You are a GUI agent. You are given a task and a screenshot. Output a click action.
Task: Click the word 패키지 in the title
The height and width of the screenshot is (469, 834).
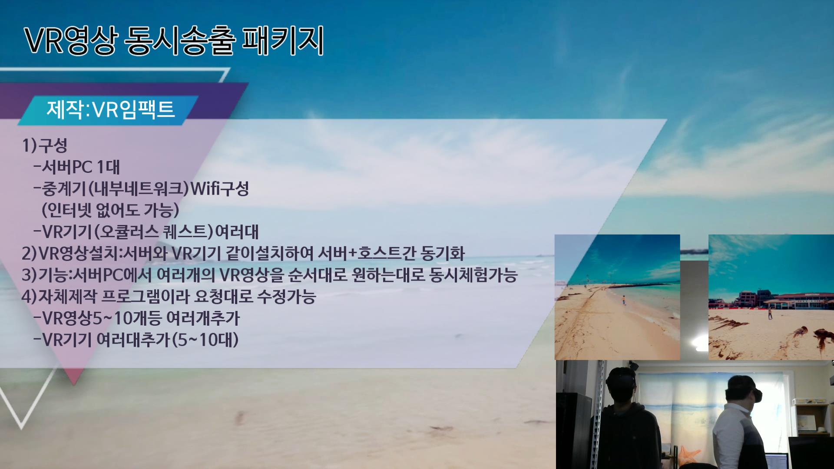pyautogui.click(x=282, y=41)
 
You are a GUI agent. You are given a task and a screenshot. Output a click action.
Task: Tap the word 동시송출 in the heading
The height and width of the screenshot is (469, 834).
pyautogui.click(x=179, y=41)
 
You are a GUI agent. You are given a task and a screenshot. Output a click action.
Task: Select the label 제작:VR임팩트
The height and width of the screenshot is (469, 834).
pyautogui.click(x=111, y=109)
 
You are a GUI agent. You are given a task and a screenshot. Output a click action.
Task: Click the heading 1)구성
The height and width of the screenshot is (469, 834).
pyautogui.click(x=45, y=145)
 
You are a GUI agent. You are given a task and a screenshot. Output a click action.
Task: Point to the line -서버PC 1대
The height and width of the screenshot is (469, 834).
pyautogui.click(x=76, y=167)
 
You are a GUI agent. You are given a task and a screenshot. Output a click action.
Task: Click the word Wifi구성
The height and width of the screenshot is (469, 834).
pyautogui.click(x=220, y=188)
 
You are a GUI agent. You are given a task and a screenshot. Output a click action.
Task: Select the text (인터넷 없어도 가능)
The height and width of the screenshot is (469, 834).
pyautogui.click(x=110, y=210)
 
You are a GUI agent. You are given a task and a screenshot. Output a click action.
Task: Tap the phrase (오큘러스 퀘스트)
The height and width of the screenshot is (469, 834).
pyautogui.click(x=154, y=231)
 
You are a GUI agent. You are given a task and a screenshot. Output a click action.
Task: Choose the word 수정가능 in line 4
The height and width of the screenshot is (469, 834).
pyautogui.click(x=286, y=297)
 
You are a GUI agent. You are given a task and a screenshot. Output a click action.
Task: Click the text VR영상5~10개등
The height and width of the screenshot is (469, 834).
pyautogui.click(x=102, y=318)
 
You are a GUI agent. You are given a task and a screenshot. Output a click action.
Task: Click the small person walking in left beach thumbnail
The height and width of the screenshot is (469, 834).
pyautogui.click(x=624, y=300)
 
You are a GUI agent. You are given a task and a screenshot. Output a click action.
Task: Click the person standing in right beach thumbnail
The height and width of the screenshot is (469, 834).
pyautogui.click(x=770, y=313)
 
